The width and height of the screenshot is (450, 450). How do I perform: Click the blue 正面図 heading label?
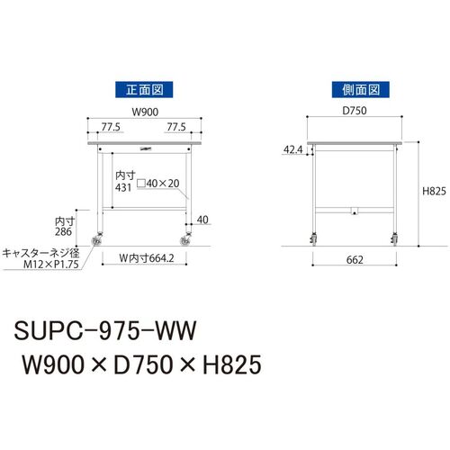[144, 89]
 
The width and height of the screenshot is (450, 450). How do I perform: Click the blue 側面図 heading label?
[360, 89]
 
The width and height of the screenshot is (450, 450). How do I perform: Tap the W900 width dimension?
[145, 112]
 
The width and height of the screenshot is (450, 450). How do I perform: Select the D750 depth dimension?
[355, 111]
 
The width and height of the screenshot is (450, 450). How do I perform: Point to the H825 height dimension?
[434, 191]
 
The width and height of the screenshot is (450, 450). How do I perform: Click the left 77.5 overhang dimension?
[111, 127]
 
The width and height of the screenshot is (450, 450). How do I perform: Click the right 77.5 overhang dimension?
[176, 127]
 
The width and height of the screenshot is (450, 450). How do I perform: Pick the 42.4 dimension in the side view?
[293, 149]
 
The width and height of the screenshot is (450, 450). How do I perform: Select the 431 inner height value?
[123, 188]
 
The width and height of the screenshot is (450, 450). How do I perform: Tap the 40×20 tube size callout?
[158, 184]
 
